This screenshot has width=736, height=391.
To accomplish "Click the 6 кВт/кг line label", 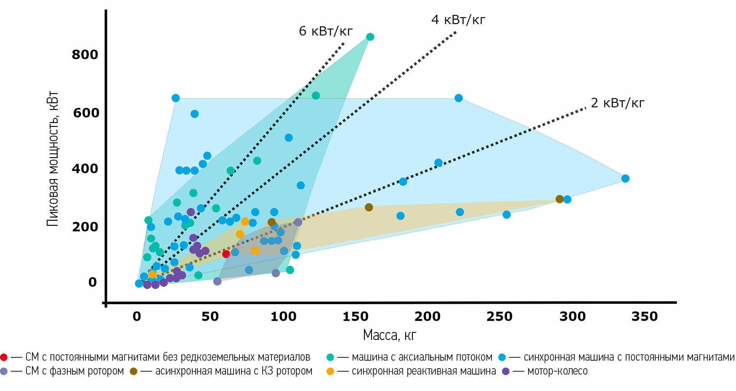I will pos(325,31).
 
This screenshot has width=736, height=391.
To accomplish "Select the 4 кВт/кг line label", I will pos(458,20).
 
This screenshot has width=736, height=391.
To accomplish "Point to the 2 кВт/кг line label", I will pos(617,103).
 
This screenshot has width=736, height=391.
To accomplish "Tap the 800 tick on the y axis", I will pos(85,54).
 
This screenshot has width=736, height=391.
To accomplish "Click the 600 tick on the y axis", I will pos(86,113).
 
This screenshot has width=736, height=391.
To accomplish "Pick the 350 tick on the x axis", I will pos(644,316).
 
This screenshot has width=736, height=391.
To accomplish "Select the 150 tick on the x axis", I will pos(355,316).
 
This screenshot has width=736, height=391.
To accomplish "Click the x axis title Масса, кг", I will pos(389,335).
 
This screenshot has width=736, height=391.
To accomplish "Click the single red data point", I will pos(226,254).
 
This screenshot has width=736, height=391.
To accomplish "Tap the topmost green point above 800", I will pos(370,37).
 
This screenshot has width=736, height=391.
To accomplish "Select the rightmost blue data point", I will pos(625,179).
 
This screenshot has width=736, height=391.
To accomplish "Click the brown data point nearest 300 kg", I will pos(559,199).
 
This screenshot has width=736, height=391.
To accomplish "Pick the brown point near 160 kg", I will pos(369,207).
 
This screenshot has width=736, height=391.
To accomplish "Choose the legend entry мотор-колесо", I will pos(557,371).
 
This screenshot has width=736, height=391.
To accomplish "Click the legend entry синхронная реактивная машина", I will pos(423,371).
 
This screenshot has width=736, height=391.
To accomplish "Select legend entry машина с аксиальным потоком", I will pos(422,357).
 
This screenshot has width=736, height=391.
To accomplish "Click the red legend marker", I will pos(4,357).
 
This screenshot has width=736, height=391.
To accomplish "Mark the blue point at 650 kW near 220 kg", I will pos(459,98).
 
